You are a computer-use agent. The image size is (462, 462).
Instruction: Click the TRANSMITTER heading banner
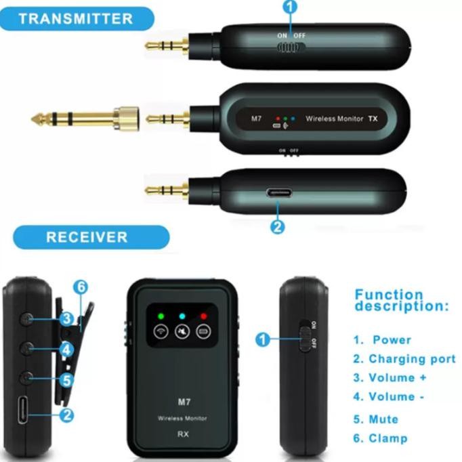tap(76, 18)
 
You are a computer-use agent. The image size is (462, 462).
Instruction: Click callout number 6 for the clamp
tap(81, 287)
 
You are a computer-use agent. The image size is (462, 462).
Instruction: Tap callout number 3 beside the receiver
tap(66, 318)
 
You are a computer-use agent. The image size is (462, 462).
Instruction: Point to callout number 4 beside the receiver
tap(66, 350)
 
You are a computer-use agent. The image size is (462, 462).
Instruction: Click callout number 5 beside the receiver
tap(66, 380)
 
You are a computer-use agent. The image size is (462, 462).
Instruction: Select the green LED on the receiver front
tap(161, 315)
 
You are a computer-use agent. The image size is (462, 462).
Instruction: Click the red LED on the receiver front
tap(203, 315)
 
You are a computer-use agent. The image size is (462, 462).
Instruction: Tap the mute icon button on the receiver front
tap(182, 332)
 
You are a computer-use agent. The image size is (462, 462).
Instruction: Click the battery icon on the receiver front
tap(203, 332)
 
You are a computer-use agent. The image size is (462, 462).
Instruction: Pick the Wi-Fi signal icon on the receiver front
tap(161, 332)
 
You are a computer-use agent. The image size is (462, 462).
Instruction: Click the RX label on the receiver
tap(182, 434)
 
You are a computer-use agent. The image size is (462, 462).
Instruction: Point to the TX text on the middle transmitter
tap(372, 119)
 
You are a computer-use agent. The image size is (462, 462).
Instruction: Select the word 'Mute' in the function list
tap(383, 419)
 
